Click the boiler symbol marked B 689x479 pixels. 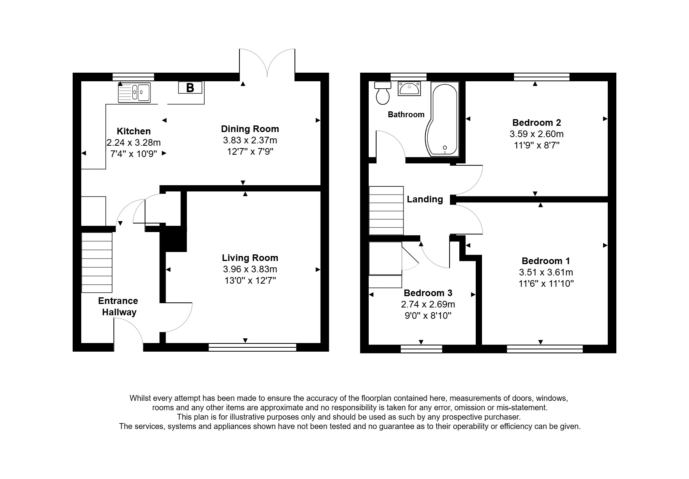tap(190, 88)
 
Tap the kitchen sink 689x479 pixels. tap(134, 93)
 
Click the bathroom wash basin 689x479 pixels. tap(409, 89)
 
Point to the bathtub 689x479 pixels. tap(444, 119)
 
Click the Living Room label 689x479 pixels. tap(250, 258)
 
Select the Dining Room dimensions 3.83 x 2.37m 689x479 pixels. tap(250, 140)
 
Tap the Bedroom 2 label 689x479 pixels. tap(537, 123)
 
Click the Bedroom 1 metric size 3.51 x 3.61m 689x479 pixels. tap(546, 272)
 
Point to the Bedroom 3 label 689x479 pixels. tap(428, 293)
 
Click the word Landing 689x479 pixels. tap(425, 199)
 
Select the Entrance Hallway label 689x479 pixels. tap(118, 306)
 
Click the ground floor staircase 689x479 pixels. tap(97, 262)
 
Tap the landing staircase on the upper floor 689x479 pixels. tap(386, 211)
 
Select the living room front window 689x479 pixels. tap(252, 347)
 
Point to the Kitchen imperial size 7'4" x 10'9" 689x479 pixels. tap(134, 154)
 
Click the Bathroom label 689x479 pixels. tap(406, 114)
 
